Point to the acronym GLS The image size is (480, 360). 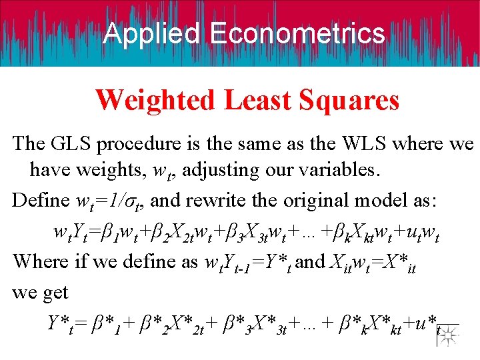[72, 143]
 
